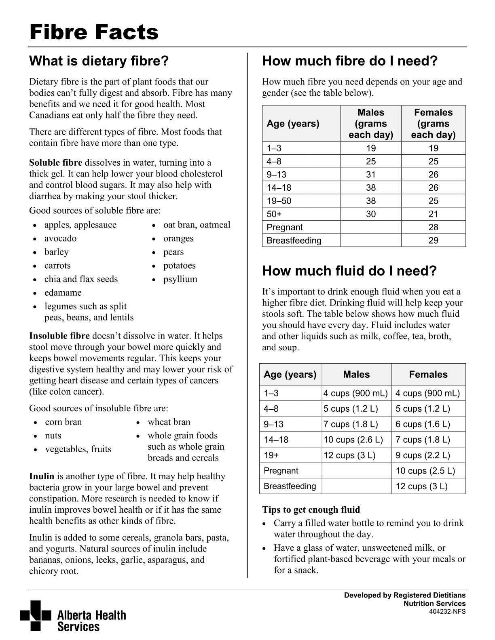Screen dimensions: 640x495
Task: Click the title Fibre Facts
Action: tap(94, 32)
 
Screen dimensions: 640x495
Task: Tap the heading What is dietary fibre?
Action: tap(99, 61)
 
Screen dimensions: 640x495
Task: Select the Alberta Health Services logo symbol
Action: tap(36, 615)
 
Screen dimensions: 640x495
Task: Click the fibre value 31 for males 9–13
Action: tap(371, 175)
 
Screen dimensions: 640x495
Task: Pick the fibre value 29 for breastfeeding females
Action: tap(433, 240)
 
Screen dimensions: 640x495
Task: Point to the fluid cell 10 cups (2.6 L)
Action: tap(353, 440)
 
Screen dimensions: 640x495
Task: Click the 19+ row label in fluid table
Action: tap(271, 455)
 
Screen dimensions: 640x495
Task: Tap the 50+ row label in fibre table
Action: tap(274, 214)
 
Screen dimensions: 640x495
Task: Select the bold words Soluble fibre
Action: tap(55, 163)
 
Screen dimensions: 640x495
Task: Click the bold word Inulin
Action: tap(42, 476)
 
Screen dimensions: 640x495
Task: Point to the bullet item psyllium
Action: tap(180, 279)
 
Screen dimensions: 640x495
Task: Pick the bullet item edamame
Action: tap(63, 293)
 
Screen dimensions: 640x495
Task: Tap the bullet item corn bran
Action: tap(63, 422)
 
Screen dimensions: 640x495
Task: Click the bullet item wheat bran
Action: tap(169, 422)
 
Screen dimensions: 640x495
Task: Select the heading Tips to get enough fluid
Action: tap(311, 510)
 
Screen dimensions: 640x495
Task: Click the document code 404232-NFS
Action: tap(447, 612)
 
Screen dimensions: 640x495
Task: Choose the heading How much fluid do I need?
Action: tap(349, 271)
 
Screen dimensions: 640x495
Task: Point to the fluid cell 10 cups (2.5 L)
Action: tap(425, 471)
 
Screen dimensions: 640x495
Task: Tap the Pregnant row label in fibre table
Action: tap(285, 227)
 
